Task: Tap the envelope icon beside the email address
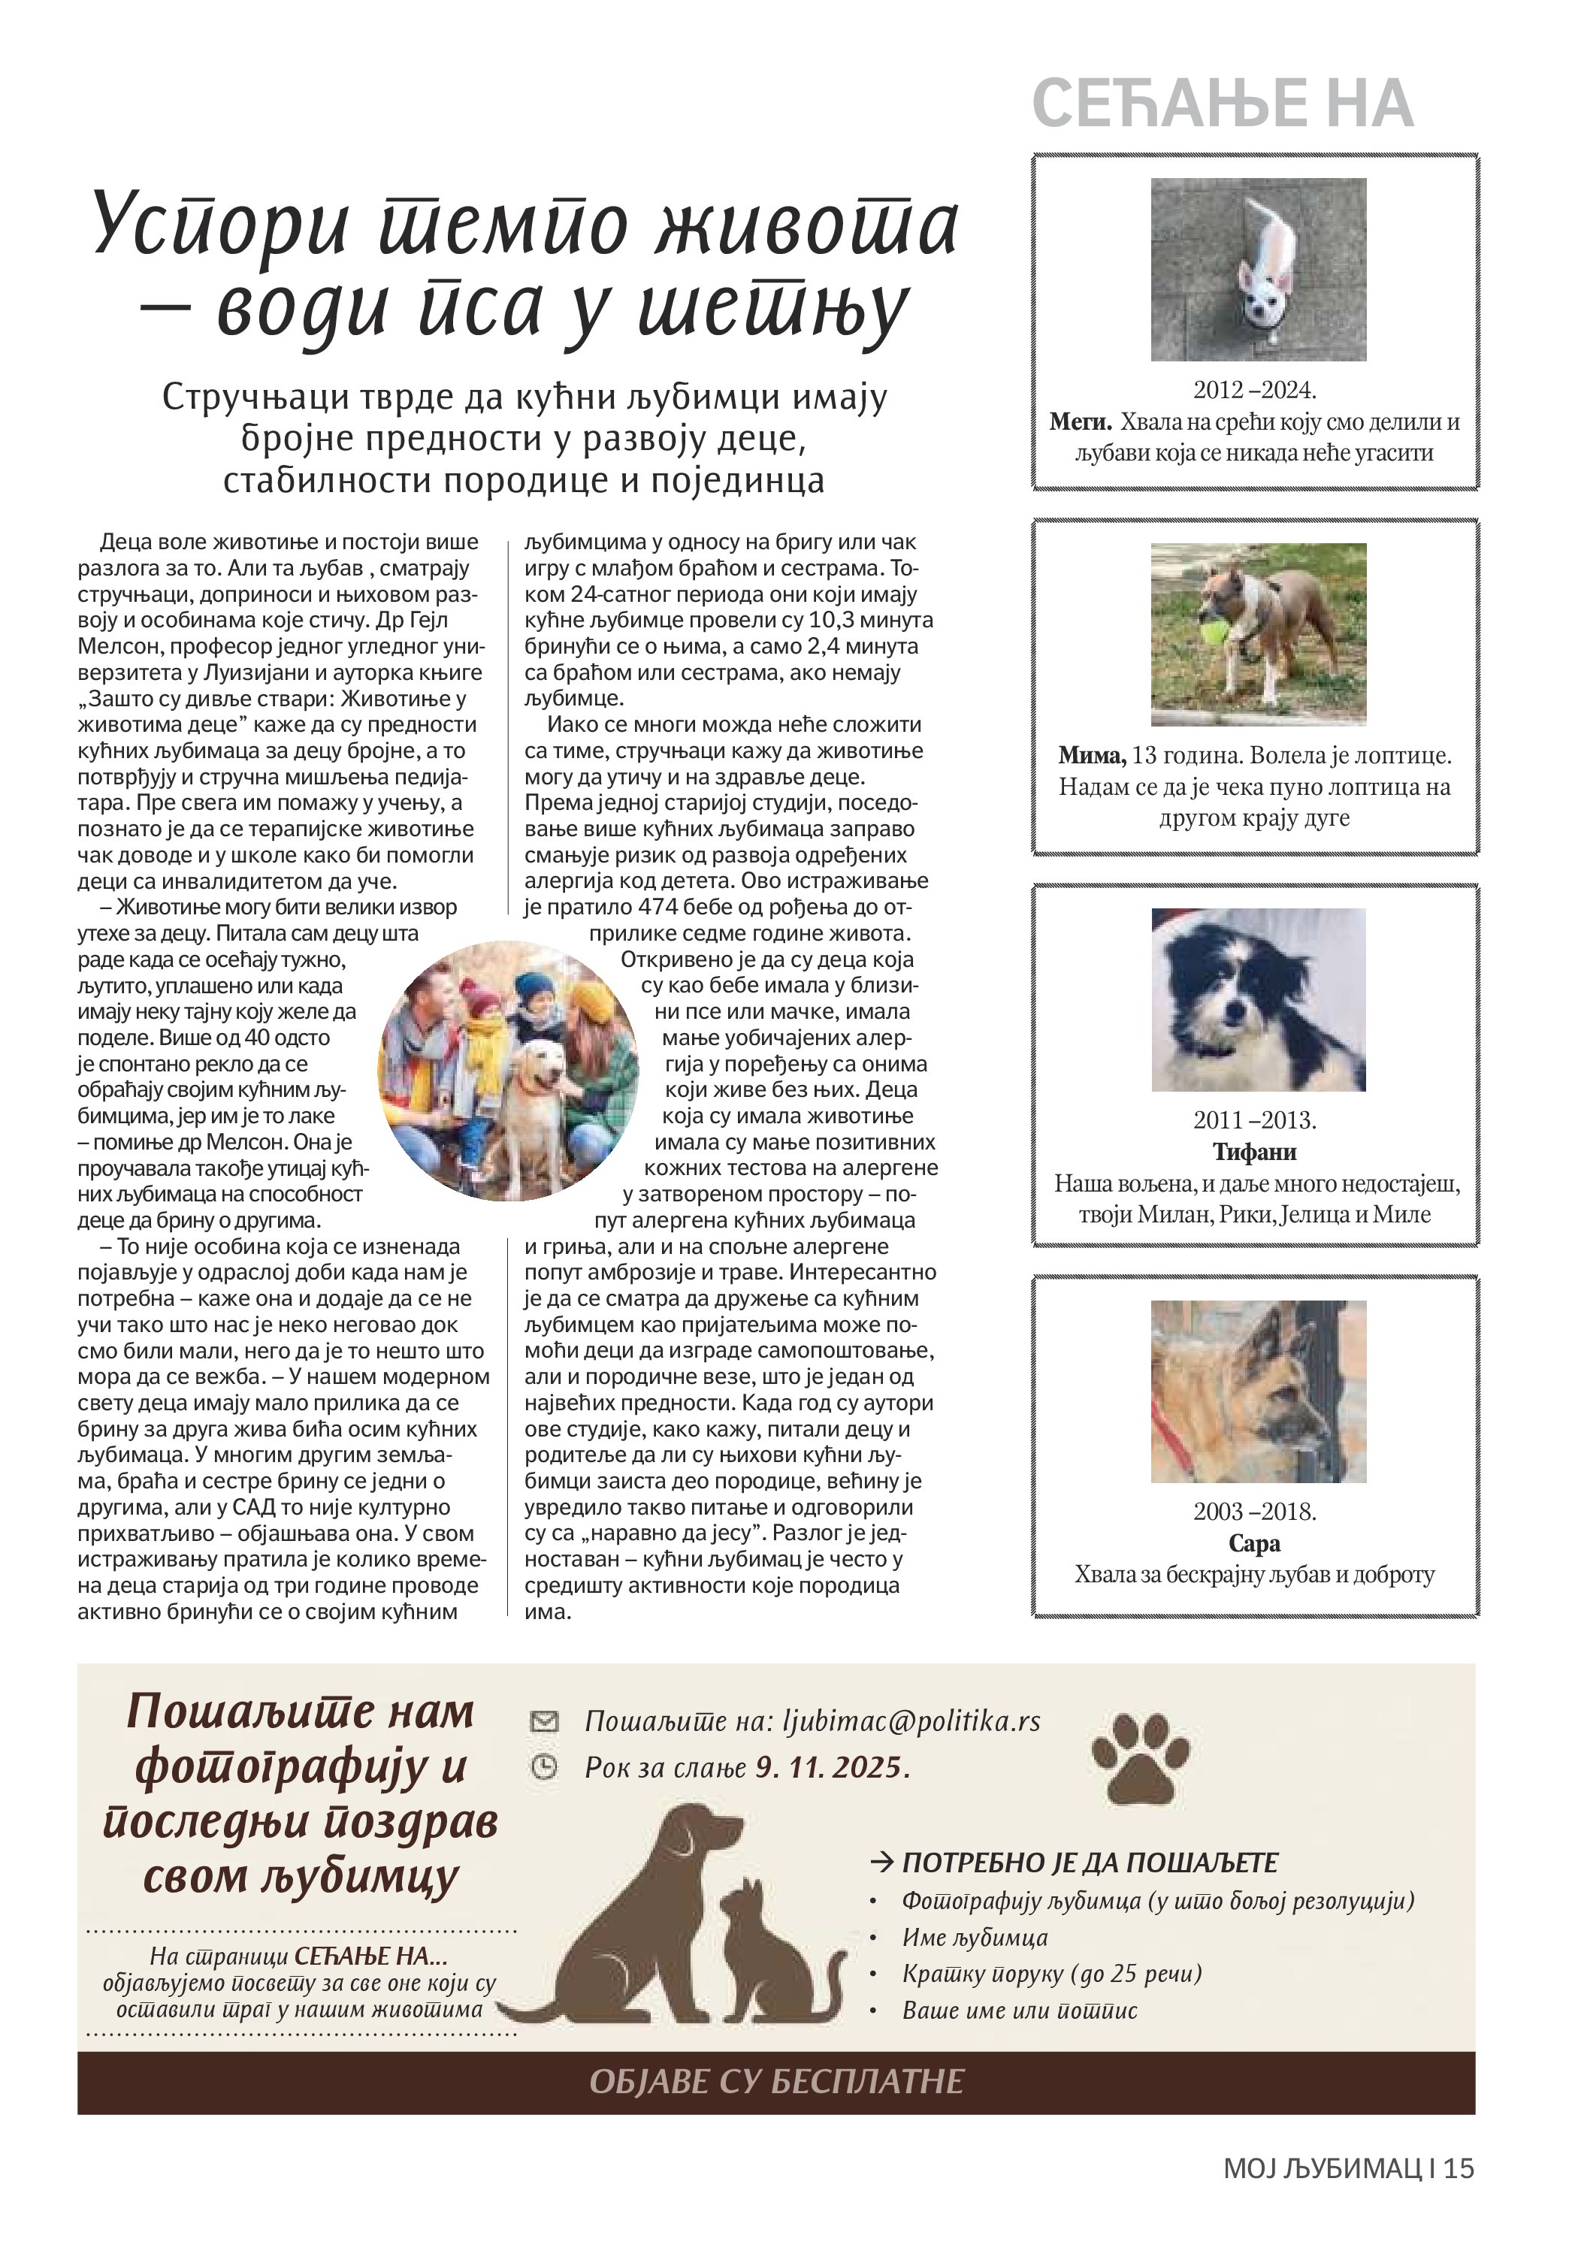tap(544, 1721)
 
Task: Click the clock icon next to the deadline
tap(544, 1766)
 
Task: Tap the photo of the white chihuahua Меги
tap(1258, 269)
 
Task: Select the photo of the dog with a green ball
tap(1258, 634)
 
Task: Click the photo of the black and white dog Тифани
tap(1258, 999)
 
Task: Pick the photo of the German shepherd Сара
tap(1258, 1391)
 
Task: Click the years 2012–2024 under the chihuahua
tap(1255, 390)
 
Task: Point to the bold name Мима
tap(1091, 756)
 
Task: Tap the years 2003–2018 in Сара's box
tap(1255, 1511)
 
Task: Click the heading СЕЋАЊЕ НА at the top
tap(1222, 104)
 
